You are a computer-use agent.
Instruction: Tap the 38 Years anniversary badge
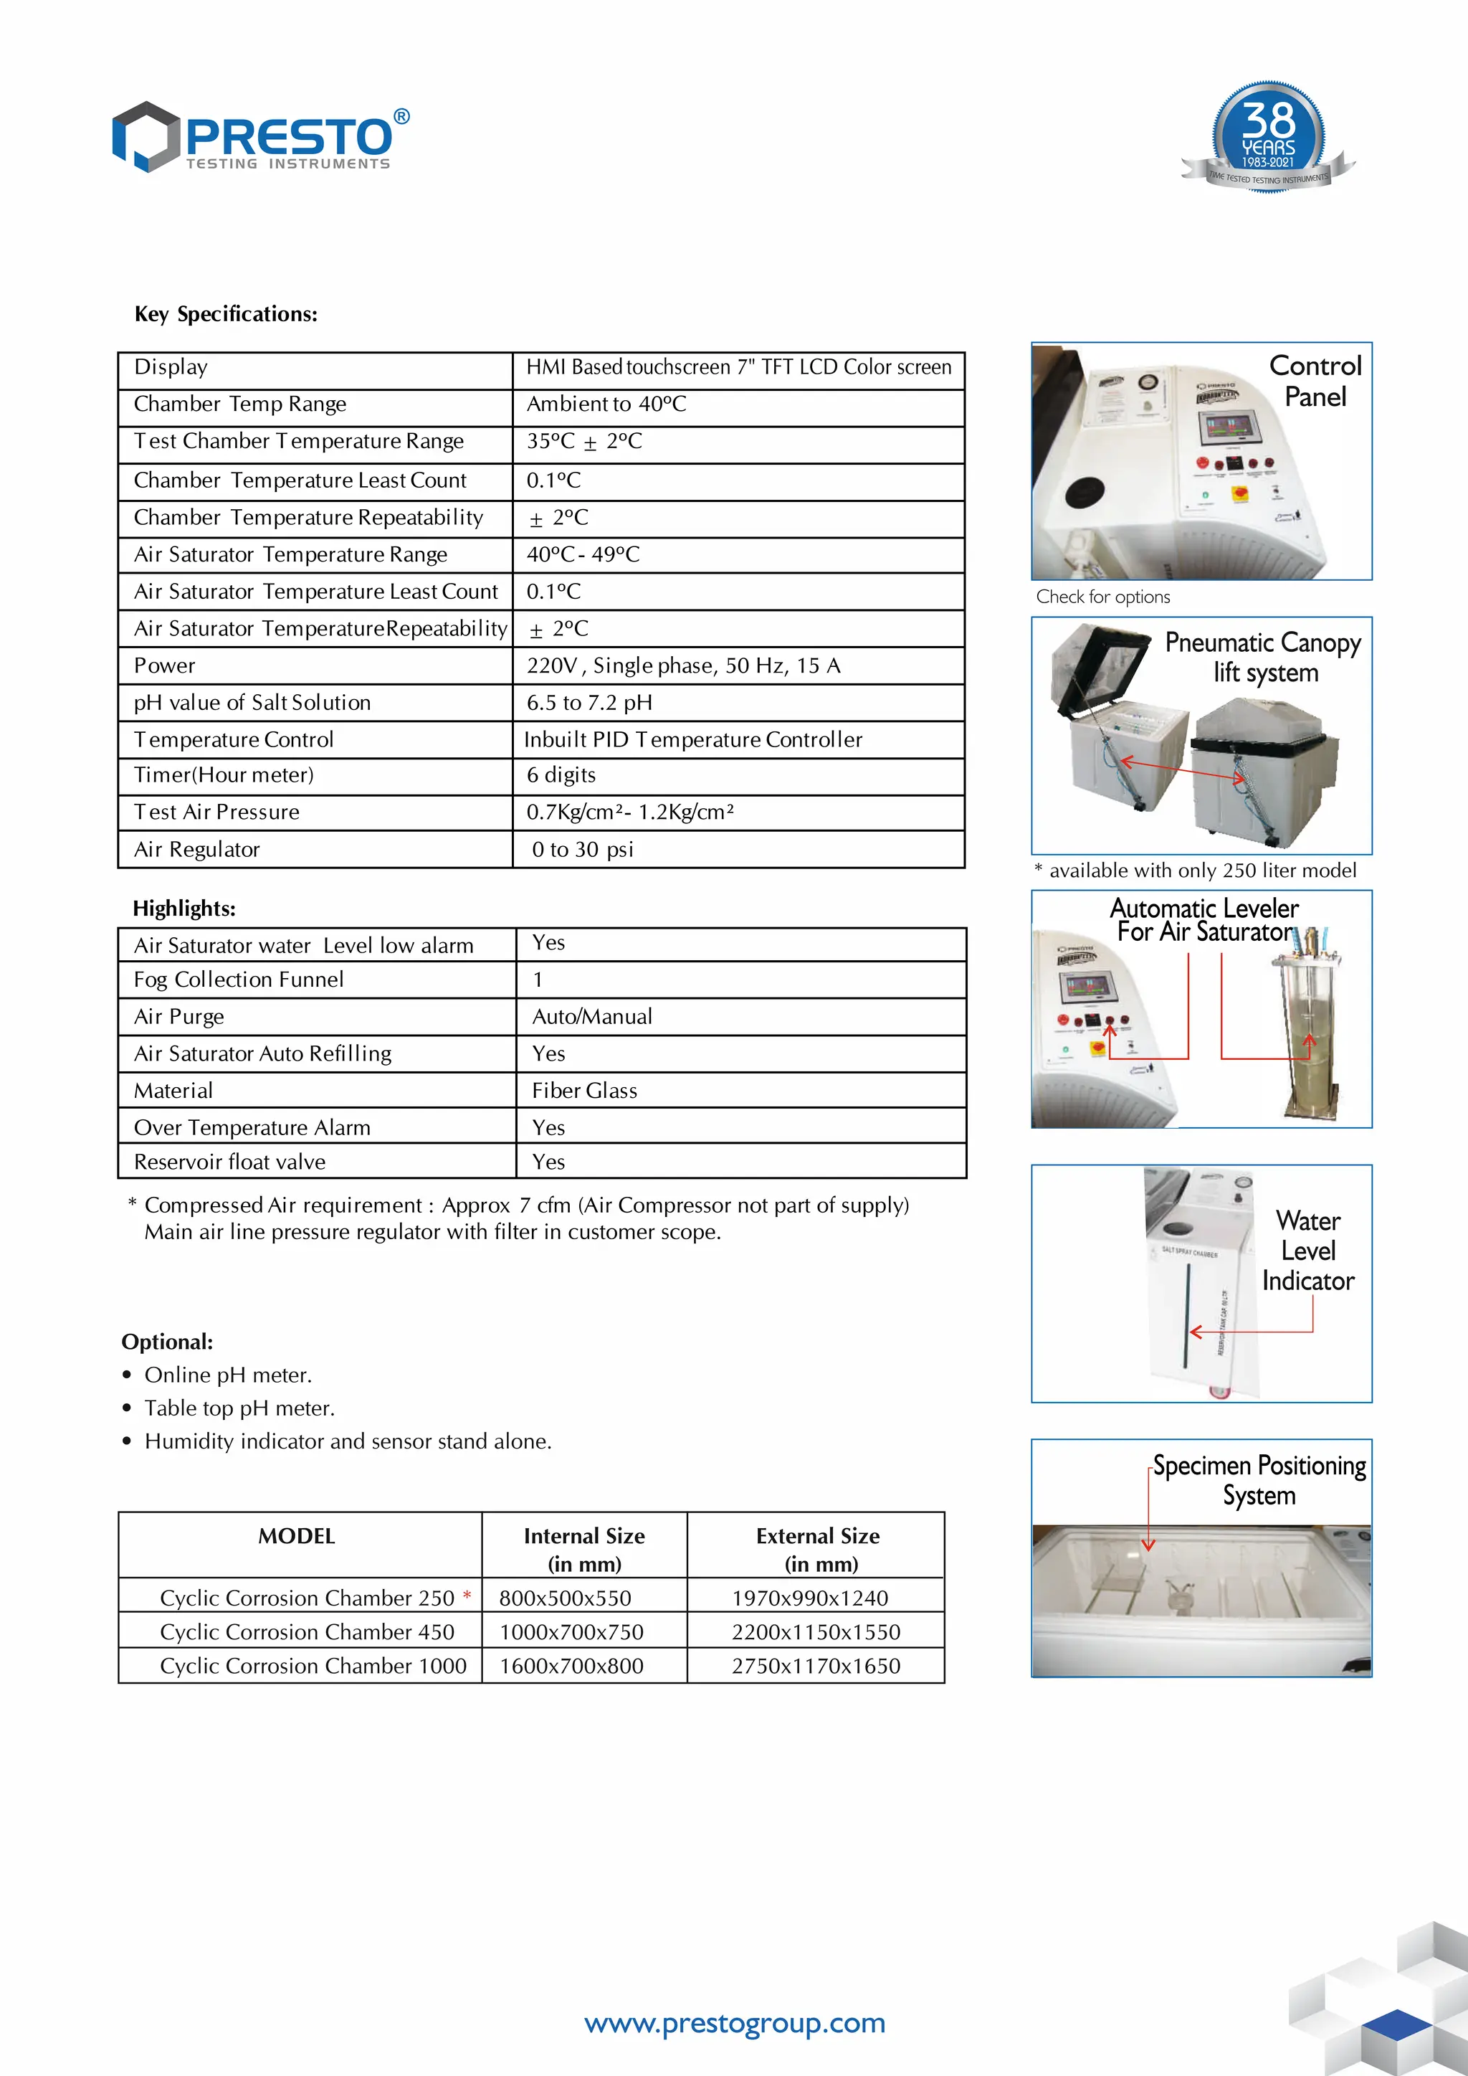pos(1267,136)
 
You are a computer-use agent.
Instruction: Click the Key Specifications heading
pos(226,314)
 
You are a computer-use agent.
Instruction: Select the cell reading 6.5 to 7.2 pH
pos(589,703)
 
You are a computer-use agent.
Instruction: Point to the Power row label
pos(165,665)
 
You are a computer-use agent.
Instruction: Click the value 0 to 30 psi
pos(582,849)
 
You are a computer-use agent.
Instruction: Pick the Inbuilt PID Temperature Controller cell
pos(692,739)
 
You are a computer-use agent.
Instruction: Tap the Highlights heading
pos(184,908)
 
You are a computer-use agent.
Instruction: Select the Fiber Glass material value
pos(584,1091)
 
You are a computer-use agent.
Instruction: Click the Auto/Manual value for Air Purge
pos(592,1016)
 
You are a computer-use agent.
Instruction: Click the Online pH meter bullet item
pos(228,1375)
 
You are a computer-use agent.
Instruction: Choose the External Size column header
pos(817,1549)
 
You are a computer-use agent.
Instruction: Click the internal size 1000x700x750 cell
pos(571,1632)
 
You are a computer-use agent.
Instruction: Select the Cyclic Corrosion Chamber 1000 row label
pos(313,1666)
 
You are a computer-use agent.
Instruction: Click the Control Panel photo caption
pos(1315,381)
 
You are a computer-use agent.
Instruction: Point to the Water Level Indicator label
pos(1307,1251)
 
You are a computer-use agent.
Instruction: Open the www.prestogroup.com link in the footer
pos(735,2023)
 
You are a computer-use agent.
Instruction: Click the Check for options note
pos(1103,597)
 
